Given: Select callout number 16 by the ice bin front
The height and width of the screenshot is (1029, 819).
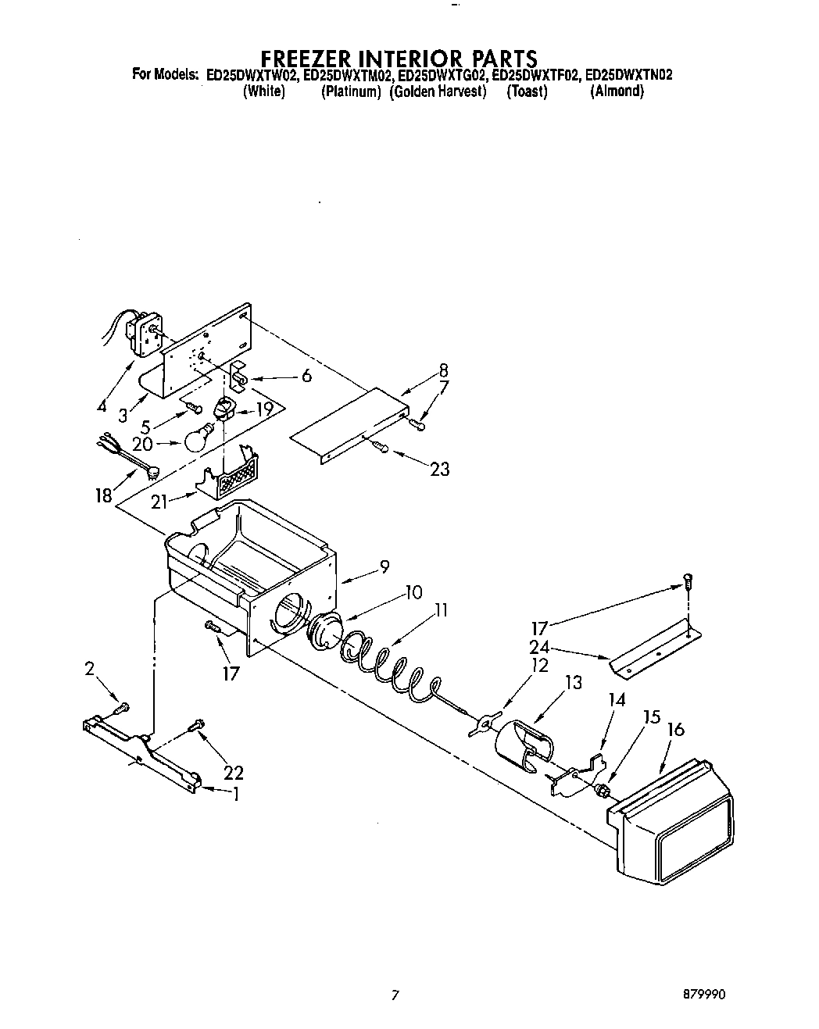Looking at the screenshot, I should click(x=676, y=730).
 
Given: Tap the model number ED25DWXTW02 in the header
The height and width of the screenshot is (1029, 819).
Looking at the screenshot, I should click(x=252, y=76).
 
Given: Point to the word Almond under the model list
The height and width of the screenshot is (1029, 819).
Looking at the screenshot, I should click(x=617, y=91).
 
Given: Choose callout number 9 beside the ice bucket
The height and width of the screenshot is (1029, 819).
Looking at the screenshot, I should click(x=384, y=567).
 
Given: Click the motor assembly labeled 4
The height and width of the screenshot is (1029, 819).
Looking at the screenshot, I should click(x=144, y=332).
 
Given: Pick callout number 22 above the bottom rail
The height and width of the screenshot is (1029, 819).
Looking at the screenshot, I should click(x=233, y=773).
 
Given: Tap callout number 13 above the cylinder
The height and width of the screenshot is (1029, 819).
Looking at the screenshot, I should click(x=573, y=682).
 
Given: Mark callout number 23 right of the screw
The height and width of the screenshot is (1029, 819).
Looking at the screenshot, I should click(x=440, y=469).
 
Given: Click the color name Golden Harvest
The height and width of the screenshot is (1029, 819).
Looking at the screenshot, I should click(x=438, y=91).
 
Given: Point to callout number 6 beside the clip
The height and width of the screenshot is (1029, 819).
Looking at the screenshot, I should click(x=306, y=376).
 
